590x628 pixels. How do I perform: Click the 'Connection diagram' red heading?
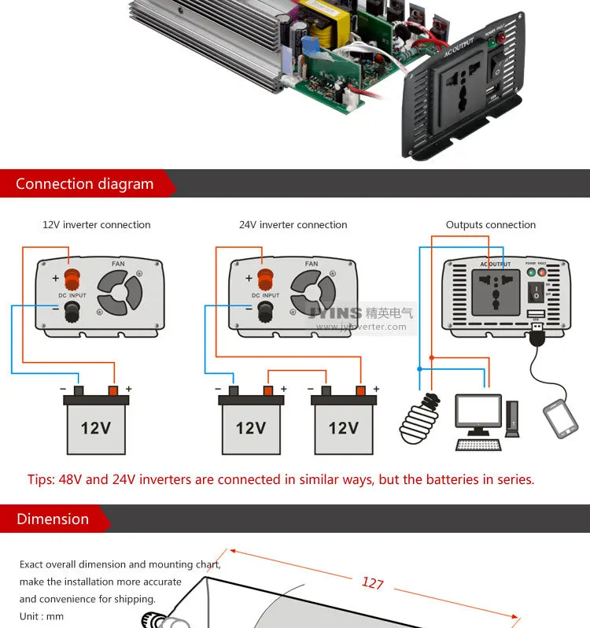coord(85,184)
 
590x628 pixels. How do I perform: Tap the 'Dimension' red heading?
coord(53,519)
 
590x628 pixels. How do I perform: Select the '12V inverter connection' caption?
coord(96,225)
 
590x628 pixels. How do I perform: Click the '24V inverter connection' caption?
coord(293,225)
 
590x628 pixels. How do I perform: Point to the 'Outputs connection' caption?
coord(490,225)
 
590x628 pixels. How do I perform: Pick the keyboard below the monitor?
coord(478,445)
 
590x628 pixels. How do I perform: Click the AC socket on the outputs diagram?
coord(495,291)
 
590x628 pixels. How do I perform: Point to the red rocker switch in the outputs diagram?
coord(537,293)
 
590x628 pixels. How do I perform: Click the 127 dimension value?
coord(372,583)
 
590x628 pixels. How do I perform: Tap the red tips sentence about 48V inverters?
coord(281,479)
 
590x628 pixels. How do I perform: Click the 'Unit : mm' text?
coord(42,616)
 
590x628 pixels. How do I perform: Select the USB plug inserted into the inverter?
coord(537,334)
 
